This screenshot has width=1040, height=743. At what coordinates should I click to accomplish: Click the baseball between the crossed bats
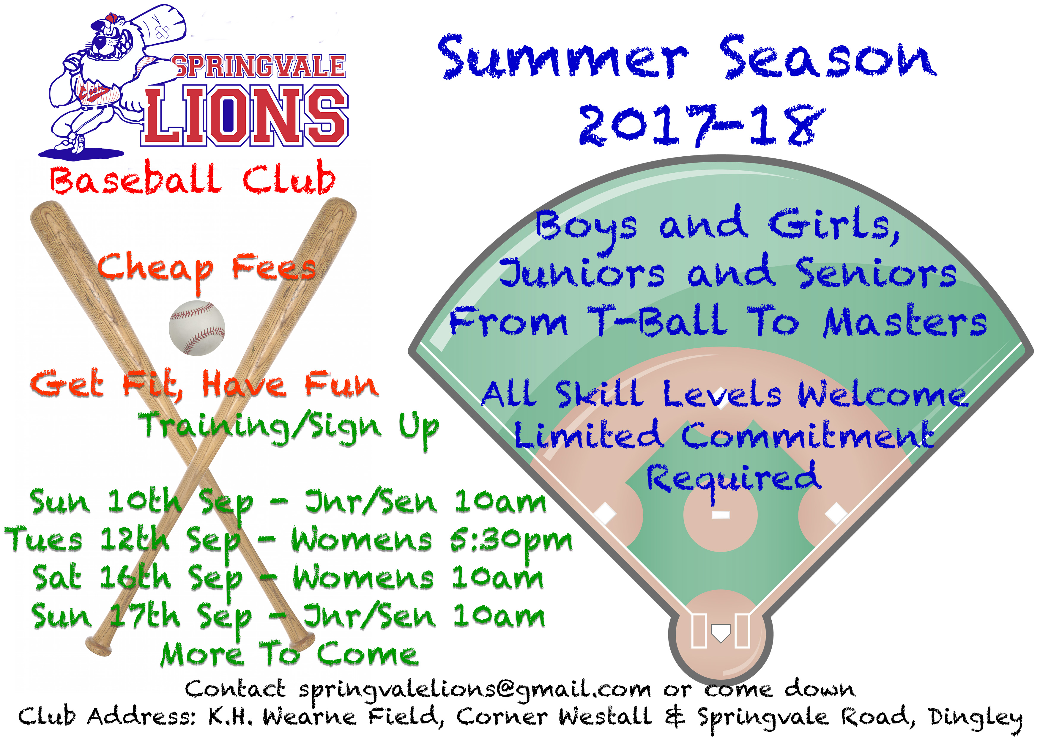pyautogui.click(x=197, y=328)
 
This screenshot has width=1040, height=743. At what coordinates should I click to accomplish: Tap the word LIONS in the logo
pyautogui.click(x=245, y=115)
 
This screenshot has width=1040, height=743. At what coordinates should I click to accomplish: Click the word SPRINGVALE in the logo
pyautogui.click(x=259, y=66)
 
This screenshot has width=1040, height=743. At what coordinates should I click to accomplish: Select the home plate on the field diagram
pyautogui.click(x=720, y=633)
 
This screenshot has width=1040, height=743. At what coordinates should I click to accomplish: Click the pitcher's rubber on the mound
pyautogui.click(x=720, y=515)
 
